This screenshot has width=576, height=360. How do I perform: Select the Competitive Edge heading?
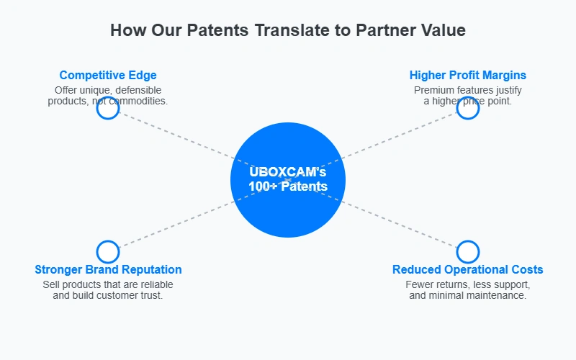[108, 76]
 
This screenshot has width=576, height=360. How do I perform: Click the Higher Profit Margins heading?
[467, 76]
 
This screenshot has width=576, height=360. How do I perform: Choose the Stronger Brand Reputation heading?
[108, 269]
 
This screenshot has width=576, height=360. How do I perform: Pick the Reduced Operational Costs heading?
[467, 269]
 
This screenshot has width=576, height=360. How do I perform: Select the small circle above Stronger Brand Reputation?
[108, 241]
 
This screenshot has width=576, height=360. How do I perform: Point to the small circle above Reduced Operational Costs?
[467, 241]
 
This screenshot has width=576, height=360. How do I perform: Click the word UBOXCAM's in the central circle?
[287, 172]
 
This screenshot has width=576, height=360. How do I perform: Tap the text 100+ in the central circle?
[263, 186]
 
